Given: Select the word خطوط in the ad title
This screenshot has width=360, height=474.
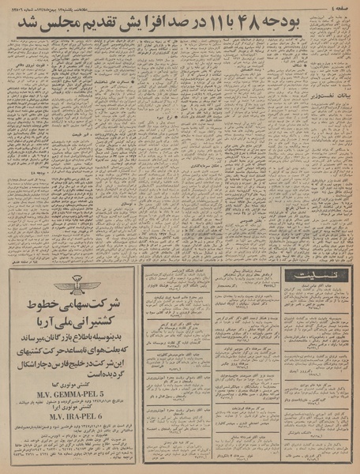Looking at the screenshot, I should [37, 308].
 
